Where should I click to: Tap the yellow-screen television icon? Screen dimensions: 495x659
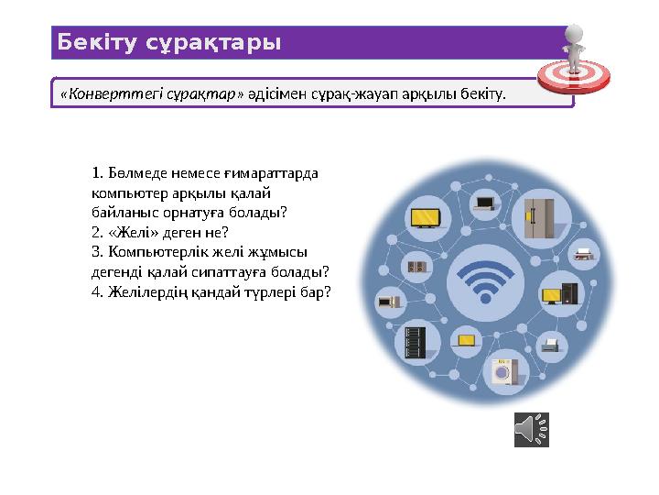click(427, 218)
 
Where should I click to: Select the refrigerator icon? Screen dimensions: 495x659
click(534, 217)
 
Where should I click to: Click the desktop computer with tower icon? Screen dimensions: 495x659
click(560, 295)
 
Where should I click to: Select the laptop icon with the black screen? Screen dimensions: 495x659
click(482, 202)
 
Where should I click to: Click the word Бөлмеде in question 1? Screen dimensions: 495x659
click(133, 171)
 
